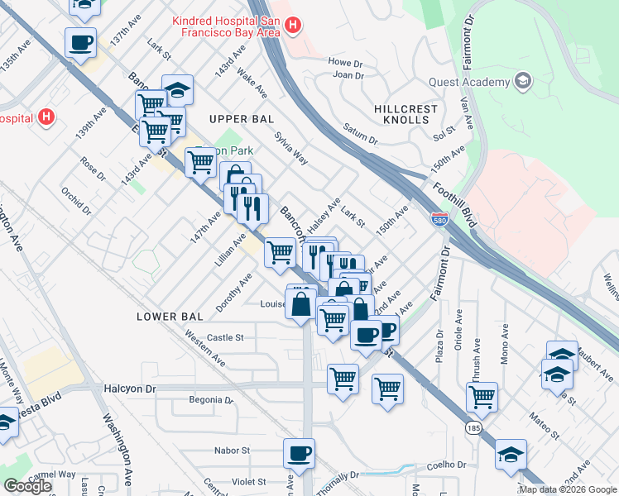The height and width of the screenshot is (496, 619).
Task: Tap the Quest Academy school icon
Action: coord(522,81)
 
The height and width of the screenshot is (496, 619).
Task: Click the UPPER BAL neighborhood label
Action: coord(241,119)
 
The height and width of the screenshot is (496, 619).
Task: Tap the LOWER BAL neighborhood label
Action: coord(170,317)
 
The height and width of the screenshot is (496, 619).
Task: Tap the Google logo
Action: coord(28,485)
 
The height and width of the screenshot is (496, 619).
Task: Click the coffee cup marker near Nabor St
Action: coord(300,453)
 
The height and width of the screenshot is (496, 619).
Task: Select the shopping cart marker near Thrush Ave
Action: coord(482,397)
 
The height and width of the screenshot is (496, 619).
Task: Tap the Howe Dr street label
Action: coord(346,62)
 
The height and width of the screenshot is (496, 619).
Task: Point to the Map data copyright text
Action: coord(567,489)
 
